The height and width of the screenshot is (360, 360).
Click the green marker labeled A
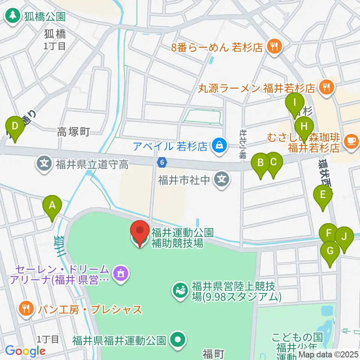[52, 205]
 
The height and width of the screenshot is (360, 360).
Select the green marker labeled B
[261, 163]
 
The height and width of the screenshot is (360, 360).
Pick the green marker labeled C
[273, 162]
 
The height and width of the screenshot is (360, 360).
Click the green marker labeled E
[322, 195]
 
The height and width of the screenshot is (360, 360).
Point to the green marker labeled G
[330, 250]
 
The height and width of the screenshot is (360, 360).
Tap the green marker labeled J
[344, 237]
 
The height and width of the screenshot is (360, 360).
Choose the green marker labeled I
[294, 102]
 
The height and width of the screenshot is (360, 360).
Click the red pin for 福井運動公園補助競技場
[140, 232]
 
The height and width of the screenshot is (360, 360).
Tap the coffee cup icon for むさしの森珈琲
[351, 141]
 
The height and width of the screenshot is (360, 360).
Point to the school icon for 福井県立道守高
[44, 163]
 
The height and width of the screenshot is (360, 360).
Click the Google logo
[25, 351]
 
